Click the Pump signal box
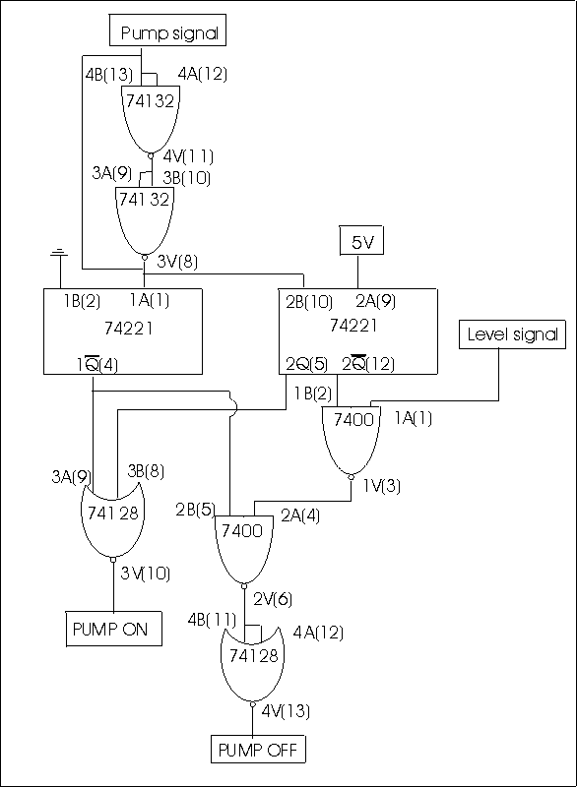pos(167,30)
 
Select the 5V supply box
pos(362,241)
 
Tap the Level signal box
pos(512,334)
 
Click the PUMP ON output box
pos(113,629)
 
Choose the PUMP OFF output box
pos(258,749)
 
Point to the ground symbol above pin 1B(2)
pos(59,253)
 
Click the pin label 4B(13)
pos(109,75)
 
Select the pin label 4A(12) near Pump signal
pos(203,74)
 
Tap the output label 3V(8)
pos(177,262)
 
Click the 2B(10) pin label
pos(309,302)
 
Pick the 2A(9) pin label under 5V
pos(375,301)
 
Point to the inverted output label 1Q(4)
pos(97,364)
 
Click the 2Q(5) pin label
pos(307,364)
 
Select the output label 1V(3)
pos(382,485)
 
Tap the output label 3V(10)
pos(145,574)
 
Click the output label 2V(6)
pos(273,599)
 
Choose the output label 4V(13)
pos(286,710)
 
